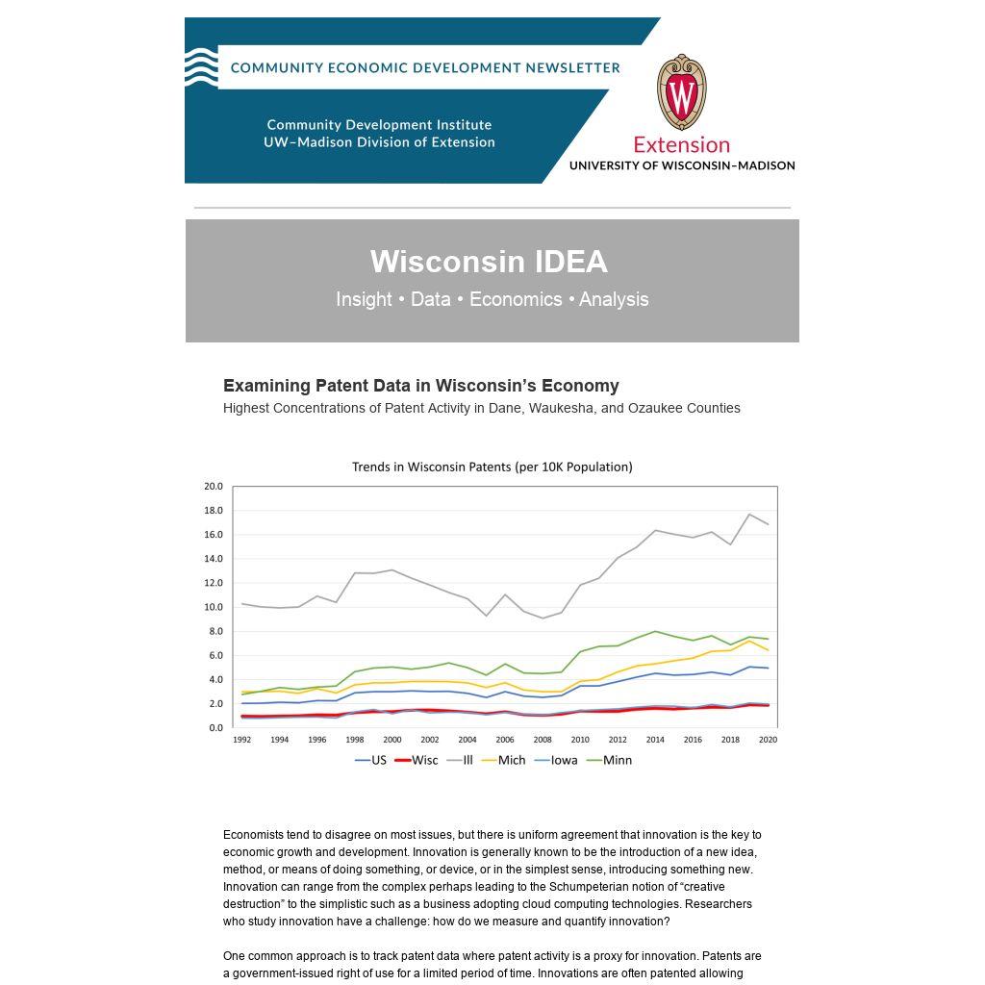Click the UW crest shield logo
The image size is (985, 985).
coord(681,92)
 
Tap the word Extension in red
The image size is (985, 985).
coord(681,145)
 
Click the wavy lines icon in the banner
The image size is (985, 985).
coord(201,66)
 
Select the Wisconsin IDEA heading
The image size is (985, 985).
coord(489,262)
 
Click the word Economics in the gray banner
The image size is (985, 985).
coord(516,299)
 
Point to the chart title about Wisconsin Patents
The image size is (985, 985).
coord(492,467)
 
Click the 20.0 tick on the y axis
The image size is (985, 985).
coord(213,487)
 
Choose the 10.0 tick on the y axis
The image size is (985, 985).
coord(213,607)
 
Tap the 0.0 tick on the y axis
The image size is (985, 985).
coord(215,728)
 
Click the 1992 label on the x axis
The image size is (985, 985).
coord(242,740)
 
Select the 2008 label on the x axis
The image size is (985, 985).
coord(543,740)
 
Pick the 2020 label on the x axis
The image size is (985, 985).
coord(768,740)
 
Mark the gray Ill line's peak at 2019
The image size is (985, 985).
coord(749,515)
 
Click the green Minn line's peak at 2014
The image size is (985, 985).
coord(655,631)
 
